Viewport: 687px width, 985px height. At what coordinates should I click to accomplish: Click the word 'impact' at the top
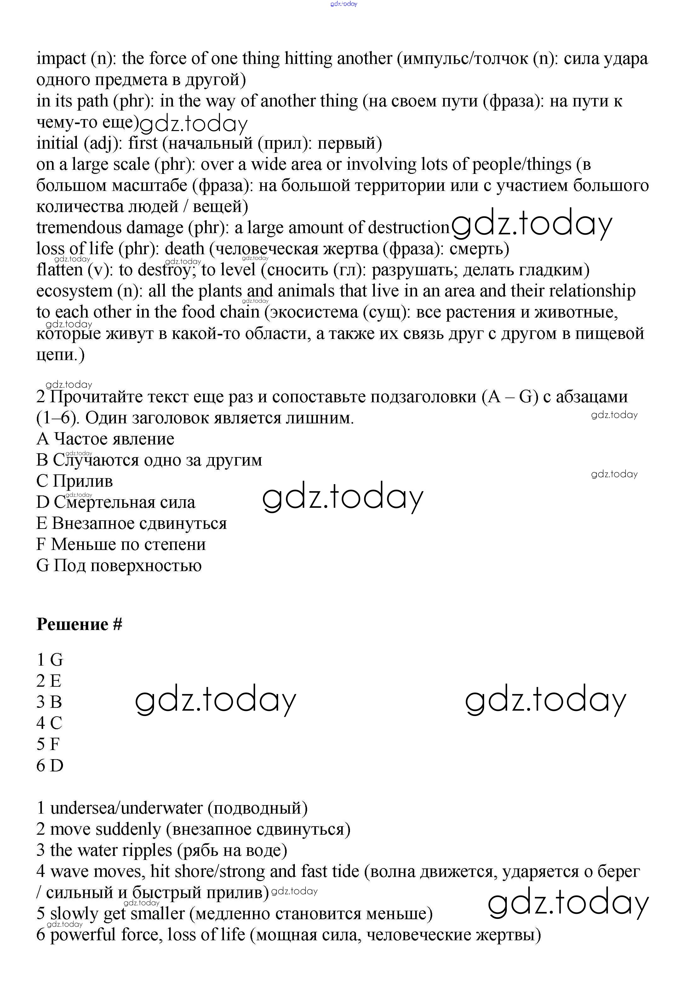click(x=61, y=59)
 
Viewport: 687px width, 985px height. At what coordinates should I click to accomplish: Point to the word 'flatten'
click(x=59, y=270)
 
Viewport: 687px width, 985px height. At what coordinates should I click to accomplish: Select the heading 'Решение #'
click(x=79, y=624)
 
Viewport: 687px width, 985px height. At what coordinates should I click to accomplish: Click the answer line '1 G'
click(x=50, y=660)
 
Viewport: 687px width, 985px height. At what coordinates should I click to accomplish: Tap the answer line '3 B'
click(x=49, y=702)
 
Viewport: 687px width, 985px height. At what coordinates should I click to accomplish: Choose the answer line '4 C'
click(x=49, y=723)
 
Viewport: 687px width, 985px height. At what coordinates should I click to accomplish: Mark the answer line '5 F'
click(x=48, y=744)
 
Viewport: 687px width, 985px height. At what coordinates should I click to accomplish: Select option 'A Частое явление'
click(x=106, y=439)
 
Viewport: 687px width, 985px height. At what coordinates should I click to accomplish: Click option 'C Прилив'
click(x=75, y=481)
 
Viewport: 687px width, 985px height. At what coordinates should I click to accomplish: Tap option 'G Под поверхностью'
click(x=119, y=565)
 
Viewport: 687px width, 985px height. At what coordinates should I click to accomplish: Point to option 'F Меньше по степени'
click(x=121, y=544)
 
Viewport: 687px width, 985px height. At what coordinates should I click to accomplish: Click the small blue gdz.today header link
click(x=344, y=4)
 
